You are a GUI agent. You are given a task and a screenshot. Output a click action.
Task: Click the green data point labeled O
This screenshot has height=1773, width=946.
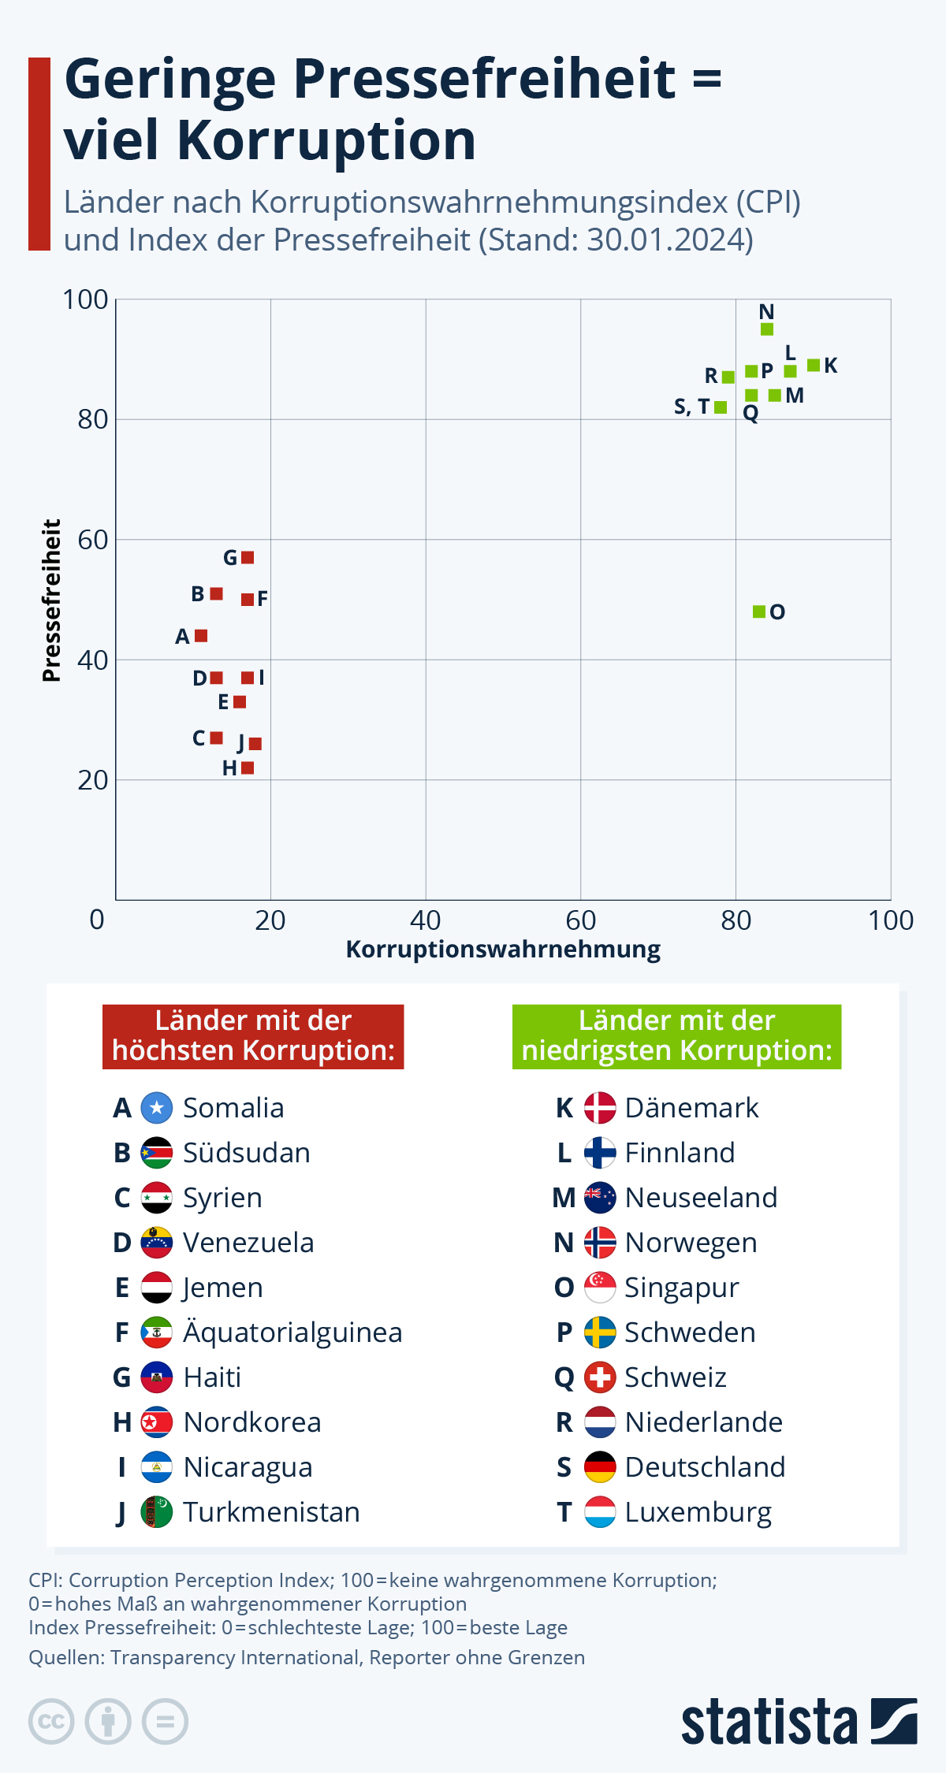click(x=758, y=611)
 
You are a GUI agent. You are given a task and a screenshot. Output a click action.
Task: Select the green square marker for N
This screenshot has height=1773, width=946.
click(x=767, y=329)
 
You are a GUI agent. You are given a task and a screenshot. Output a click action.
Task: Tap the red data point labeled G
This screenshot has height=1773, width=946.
click(x=248, y=558)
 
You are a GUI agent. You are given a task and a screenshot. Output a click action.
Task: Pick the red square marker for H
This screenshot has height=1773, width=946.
click(x=248, y=768)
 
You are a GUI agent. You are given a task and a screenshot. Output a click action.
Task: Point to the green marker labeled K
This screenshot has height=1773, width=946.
click(x=814, y=365)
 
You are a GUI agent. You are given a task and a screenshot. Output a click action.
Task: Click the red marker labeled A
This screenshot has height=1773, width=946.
click(x=201, y=636)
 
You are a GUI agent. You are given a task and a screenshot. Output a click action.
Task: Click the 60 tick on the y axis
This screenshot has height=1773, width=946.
click(x=93, y=540)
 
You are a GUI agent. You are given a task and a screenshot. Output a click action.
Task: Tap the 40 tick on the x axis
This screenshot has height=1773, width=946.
click(x=426, y=920)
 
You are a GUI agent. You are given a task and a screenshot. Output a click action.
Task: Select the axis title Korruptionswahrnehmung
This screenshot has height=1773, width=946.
click(x=503, y=950)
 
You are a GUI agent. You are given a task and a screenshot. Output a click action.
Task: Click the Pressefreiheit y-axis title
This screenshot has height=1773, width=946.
click(x=51, y=600)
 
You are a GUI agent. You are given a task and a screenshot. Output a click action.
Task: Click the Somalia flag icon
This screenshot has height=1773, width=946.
click(x=157, y=1108)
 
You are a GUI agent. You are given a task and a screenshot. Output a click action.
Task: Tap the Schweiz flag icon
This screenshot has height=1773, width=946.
click(x=600, y=1377)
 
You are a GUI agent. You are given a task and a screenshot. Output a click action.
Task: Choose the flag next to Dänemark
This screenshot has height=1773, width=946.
click(x=600, y=1108)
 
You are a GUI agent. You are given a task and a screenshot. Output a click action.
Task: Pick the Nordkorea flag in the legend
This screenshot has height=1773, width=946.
click(x=157, y=1422)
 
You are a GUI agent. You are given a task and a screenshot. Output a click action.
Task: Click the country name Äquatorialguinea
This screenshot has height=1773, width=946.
click(x=292, y=1333)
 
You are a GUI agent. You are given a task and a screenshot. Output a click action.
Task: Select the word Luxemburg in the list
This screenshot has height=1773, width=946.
click(x=698, y=1512)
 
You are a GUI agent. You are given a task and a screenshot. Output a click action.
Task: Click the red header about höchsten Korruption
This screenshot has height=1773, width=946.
click(x=253, y=1036)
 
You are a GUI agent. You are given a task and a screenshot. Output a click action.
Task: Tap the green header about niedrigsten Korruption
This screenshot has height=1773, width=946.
click(x=676, y=1036)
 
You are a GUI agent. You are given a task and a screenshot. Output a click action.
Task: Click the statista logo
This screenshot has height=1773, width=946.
click(x=799, y=1722)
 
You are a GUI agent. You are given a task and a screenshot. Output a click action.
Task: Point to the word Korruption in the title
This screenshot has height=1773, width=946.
click(x=326, y=140)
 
